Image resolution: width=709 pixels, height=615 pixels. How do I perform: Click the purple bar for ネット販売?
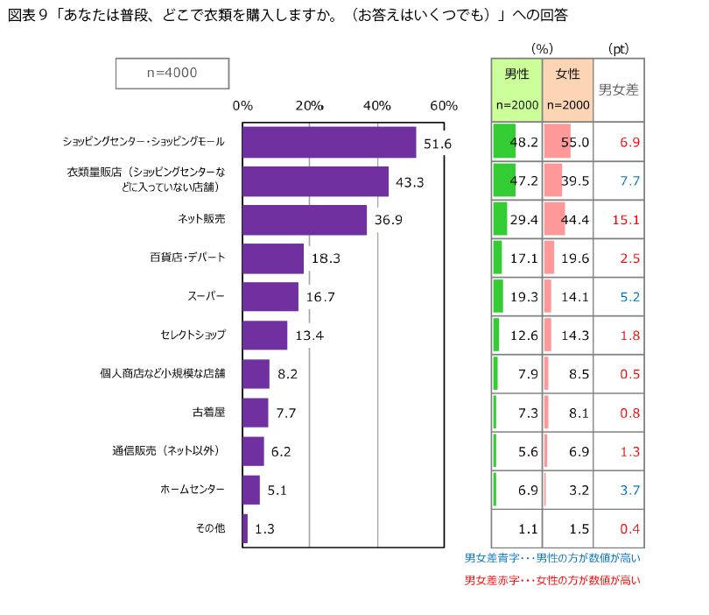(305, 220)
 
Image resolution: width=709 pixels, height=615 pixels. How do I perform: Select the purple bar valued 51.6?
(329, 142)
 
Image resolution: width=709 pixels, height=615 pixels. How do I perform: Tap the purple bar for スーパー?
(270, 297)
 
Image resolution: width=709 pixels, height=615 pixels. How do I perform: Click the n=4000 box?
(172, 74)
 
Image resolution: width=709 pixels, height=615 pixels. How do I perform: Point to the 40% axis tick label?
(376, 106)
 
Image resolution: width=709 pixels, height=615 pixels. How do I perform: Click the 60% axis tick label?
(444, 106)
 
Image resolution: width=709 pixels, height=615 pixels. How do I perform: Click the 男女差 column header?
(618, 88)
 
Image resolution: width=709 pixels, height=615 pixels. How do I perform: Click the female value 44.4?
(575, 219)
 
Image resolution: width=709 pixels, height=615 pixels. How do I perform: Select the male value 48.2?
(523, 142)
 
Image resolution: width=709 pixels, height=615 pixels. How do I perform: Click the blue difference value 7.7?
(629, 180)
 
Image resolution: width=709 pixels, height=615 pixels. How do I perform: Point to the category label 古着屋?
(208, 412)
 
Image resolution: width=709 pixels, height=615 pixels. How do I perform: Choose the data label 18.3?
(326, 258)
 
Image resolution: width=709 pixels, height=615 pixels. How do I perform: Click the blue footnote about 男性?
(552, 558)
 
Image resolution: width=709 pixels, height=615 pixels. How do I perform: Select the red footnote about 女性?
(552, 580)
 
